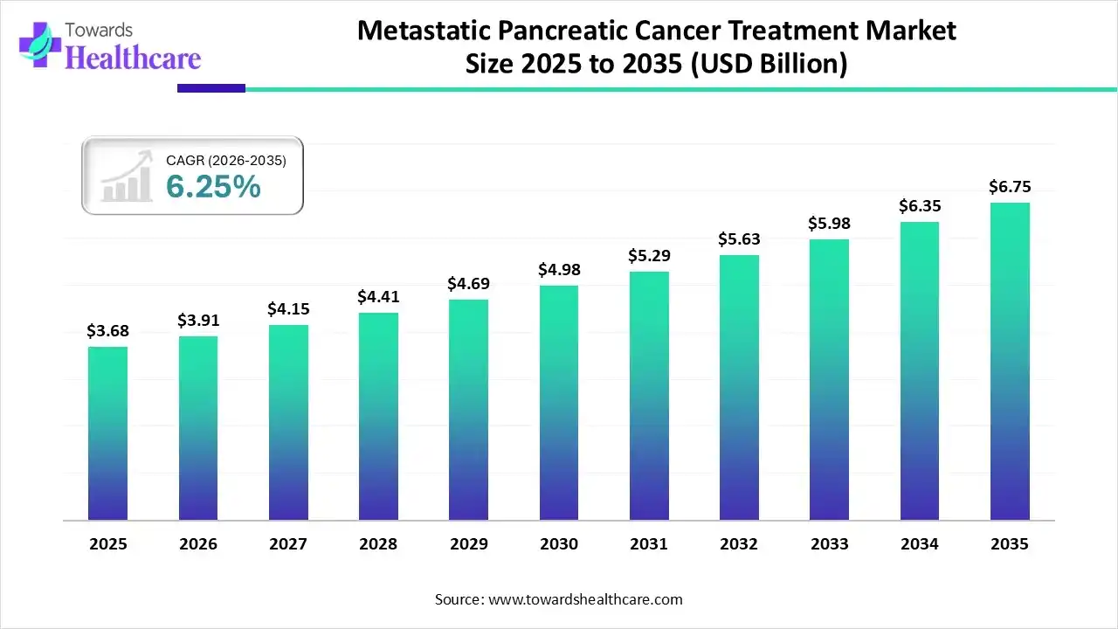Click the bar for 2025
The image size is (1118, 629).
point(107,433)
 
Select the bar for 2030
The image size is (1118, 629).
point(558,403)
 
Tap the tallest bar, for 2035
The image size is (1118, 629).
point(1010,362)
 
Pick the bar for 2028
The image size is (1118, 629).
point(378,417)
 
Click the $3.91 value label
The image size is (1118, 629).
point(198,321)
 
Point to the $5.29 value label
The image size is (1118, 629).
point(649,256)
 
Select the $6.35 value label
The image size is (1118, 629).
point(920,206)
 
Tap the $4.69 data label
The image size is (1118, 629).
point(469,284)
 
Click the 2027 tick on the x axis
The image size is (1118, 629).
point(288,544)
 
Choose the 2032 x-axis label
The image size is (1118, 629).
point(739,544)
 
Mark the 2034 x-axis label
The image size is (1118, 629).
point(920,544)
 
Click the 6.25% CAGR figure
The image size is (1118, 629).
point(213,186)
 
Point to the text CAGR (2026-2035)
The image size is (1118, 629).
point(226,161)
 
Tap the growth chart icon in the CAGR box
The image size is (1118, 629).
point(127,179)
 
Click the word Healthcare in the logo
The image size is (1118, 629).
point(133,58)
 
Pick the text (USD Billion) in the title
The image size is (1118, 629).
point(769,64)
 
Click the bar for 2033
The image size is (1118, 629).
point(829,380)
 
